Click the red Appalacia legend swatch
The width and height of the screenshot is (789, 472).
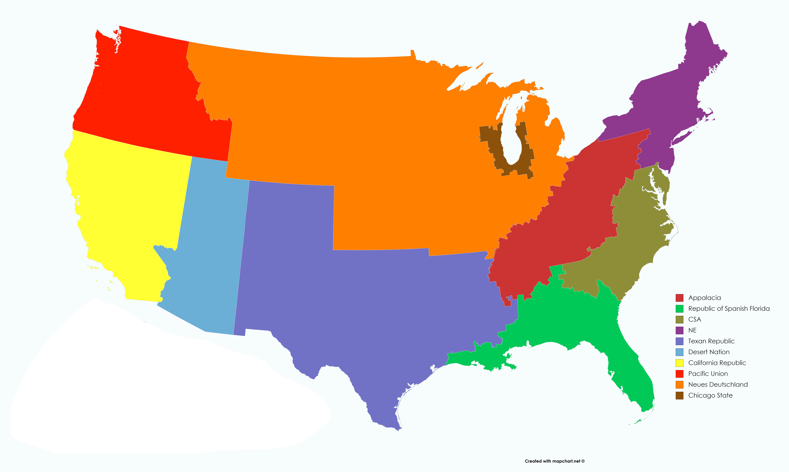pos(679,298)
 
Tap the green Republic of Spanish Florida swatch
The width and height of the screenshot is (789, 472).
pos(679,309)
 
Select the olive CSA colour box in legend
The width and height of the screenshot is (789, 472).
pos(679,319)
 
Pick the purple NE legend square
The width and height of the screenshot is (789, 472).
pos(679,330)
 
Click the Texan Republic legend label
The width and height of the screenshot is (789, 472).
pos(711,341)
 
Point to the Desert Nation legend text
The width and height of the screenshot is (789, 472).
pos(709,352)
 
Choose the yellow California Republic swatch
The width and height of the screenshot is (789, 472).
pos(679,363)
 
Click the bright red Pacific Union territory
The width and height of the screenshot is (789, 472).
pos(143,95)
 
